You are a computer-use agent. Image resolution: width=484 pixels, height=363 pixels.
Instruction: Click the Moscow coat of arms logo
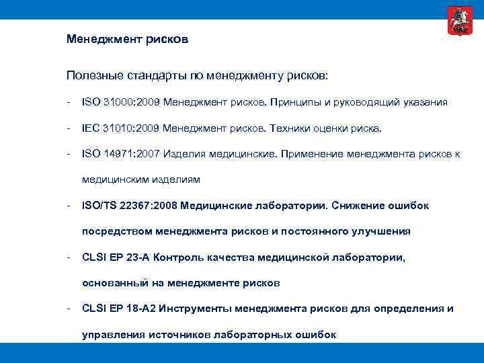(456, 21)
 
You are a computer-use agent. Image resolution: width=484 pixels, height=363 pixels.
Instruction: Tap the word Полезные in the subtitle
(93, 75)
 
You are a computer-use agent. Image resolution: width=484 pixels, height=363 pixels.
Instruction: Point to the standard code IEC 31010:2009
(120, 128)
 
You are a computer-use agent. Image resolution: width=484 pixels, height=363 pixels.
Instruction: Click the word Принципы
(298, 102)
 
